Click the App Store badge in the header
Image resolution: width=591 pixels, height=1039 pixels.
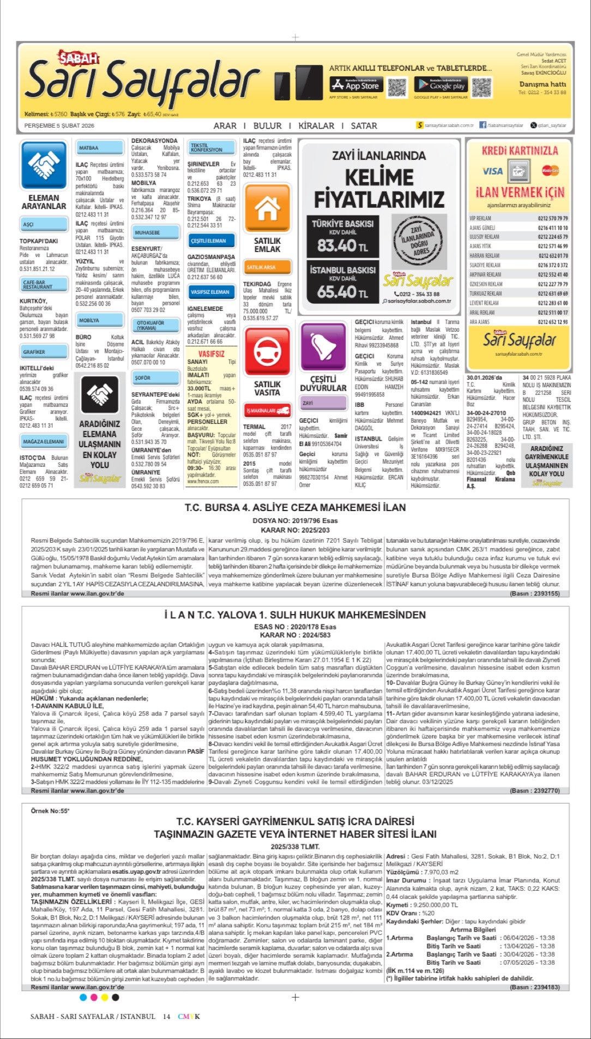pyautogui.click(x=355, y=85)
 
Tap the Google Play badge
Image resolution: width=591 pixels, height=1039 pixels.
pyautogui.click(x=441, y=85)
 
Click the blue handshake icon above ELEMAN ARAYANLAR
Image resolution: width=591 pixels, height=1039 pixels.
pyautogui.click(x=43, y=164)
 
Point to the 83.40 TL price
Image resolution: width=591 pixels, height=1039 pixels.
pyautogui.click(x=342, y=246)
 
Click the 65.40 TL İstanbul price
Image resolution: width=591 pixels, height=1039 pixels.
pyautogui.click(x=342, y=292)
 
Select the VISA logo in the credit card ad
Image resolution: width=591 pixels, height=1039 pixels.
pyautogui.click(x=492, y=171)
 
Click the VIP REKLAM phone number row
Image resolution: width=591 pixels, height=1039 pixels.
pyautogui.click(x=518, y=218)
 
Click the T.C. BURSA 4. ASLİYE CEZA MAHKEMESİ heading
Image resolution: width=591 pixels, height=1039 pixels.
pyautogui.click(x=295, y=508)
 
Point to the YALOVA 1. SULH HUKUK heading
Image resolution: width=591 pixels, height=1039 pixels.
pyautogui.click(x=295, y=615)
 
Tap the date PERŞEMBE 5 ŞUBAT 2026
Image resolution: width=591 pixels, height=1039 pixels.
pyautogui.click(x=59, y=126)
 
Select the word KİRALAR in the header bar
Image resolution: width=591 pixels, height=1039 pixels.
pyautogui.click(x=316, y=126)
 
